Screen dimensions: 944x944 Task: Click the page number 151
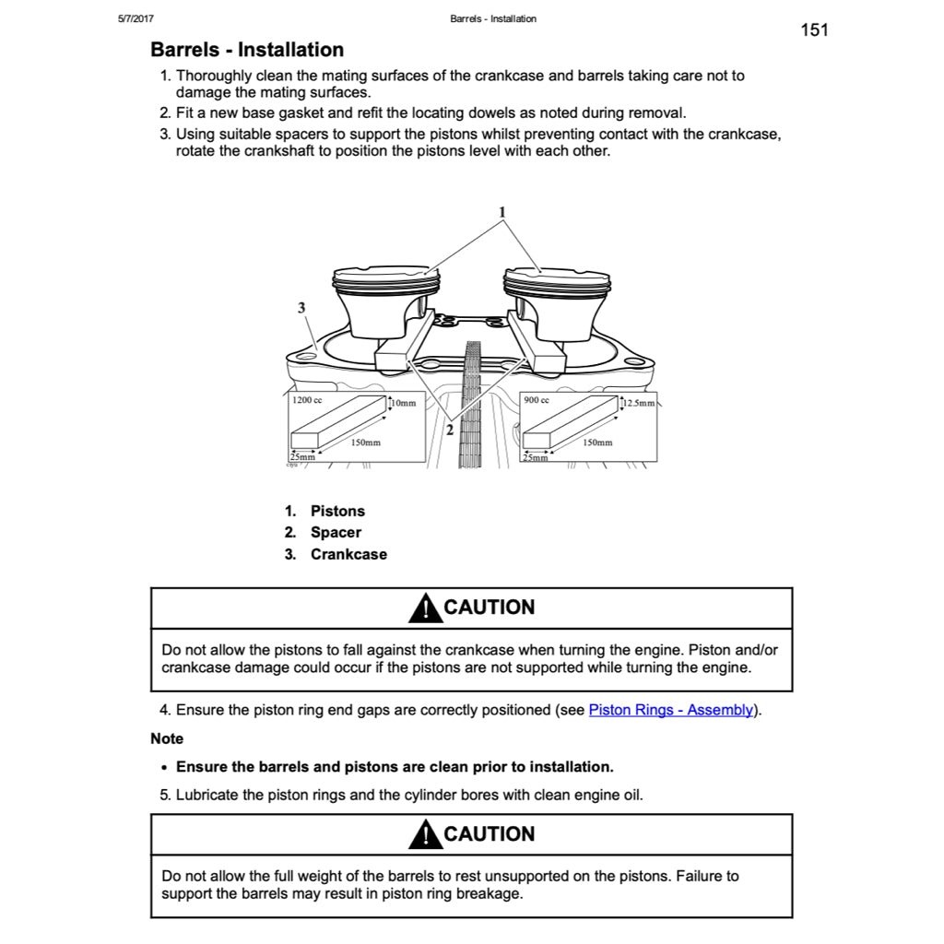(x=814, y=30)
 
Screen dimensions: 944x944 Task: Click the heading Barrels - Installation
(x=247, y=50)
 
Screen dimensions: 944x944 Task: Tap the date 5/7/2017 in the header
(x=136, y=18)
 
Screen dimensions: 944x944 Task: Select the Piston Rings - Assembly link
(x=671, y=711)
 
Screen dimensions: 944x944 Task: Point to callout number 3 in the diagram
(x=301, y=308)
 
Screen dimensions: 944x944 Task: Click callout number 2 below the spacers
(x=450, y=430)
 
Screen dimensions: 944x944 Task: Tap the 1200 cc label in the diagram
(x=307, y=401)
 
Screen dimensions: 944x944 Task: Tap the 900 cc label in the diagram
(x=537, y=401)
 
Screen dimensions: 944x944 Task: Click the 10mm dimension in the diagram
(x=404, y=404)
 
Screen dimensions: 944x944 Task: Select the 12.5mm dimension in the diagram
(x=639, y=404)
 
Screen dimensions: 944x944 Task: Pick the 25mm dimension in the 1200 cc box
(x=302, y=457)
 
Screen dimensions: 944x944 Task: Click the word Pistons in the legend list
(x=337, y=512)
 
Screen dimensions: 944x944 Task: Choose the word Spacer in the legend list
(x=336, y=533)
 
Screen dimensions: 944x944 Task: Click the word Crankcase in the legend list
(x=348, y=555)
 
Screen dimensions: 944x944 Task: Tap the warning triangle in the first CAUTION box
(x=424, y=608)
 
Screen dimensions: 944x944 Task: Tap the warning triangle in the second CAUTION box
(x=424, y=835)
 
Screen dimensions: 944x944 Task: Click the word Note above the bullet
(x=167, y=739)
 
